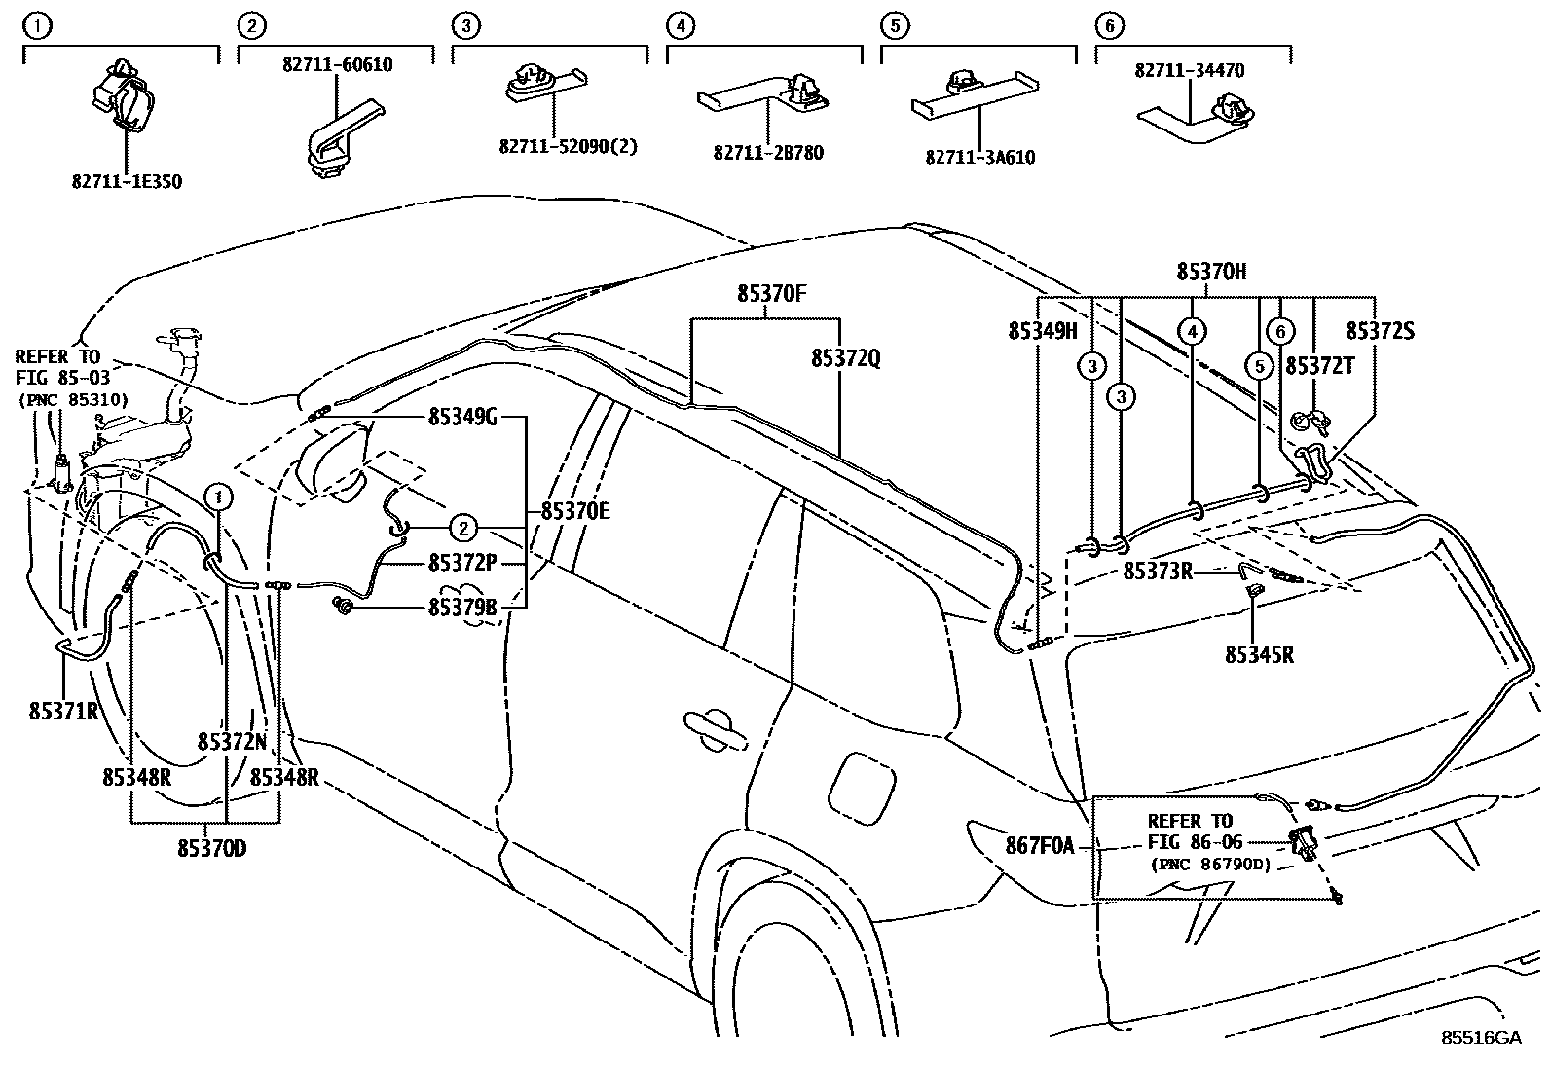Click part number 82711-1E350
tap(127, 181)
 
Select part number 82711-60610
tap(338, 65)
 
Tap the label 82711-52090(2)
tap(568, 146)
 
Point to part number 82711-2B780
tap(768, 153)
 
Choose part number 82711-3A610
tap(979, 157)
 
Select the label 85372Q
tap(845, 358)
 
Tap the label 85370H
tap(1211, 273)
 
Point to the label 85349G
tap(462, 418)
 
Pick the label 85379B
tap(462, 608)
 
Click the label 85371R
tap(64, 711)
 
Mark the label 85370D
tap(211, 848)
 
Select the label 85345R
tap(1259, 654)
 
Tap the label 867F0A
tap(1040, 846)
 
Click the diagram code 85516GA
tap(1481, 1038)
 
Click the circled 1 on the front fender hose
tap(219, 497)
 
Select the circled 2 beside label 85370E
tap(464, 529)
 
